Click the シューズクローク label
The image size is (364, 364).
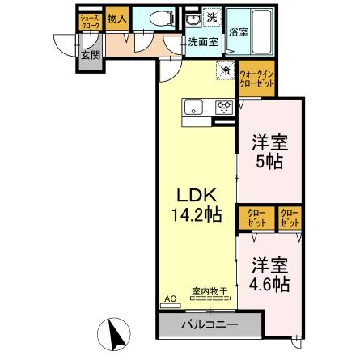tap(90, 21)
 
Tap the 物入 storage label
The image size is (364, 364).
tap(117, 18)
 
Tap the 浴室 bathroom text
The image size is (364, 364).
tap(239, 33)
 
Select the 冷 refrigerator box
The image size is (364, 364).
tap(224, 70)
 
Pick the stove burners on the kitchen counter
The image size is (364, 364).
tap(222, 108)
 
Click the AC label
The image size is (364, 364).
tap(170, 299)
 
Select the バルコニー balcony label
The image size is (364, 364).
tap(209, 325)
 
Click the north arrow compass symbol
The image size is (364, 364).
tap(116, 333)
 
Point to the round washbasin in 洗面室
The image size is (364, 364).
tap(193, 19)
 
